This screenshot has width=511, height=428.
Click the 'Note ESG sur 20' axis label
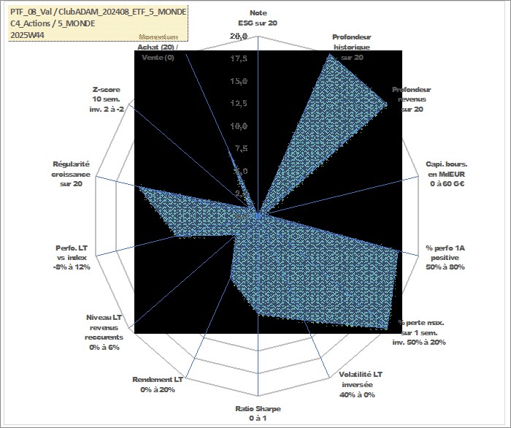coord(258,18)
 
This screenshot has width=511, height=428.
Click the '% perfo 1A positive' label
coord(446,258)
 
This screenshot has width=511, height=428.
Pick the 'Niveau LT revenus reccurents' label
coord(104,332)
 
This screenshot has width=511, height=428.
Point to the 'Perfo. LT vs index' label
coord(72,257)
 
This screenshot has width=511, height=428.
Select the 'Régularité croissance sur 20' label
coord(72,174)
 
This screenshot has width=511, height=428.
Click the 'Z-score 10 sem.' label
coord(107,99)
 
